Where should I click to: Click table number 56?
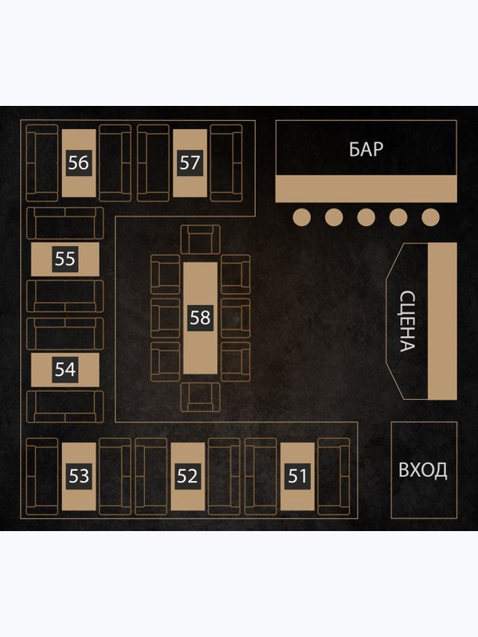pos(79,163)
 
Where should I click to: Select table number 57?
pos(190,163)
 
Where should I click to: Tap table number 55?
pos(65,259)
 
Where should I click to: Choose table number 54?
pos(65,369)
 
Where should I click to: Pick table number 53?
pos(79,476)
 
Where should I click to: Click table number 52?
pos(187,476)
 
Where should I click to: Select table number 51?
pos(297,476)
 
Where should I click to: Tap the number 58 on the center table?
pos(201,318)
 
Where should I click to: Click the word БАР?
pos(366,149)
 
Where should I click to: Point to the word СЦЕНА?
pos(407,321)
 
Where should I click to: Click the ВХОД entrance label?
pos(423,470)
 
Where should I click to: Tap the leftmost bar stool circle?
pos(302,217)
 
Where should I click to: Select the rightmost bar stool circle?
pos(430,217)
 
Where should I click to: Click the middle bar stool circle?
pos(366,217)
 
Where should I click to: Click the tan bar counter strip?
pos(366,189)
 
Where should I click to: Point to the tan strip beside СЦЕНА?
pos(442,321)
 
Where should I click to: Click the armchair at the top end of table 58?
pos(201,240)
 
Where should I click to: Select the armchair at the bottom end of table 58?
pos(201,397)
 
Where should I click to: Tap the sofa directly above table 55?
pos(65,223)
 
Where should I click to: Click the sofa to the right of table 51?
pos(334,476)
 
